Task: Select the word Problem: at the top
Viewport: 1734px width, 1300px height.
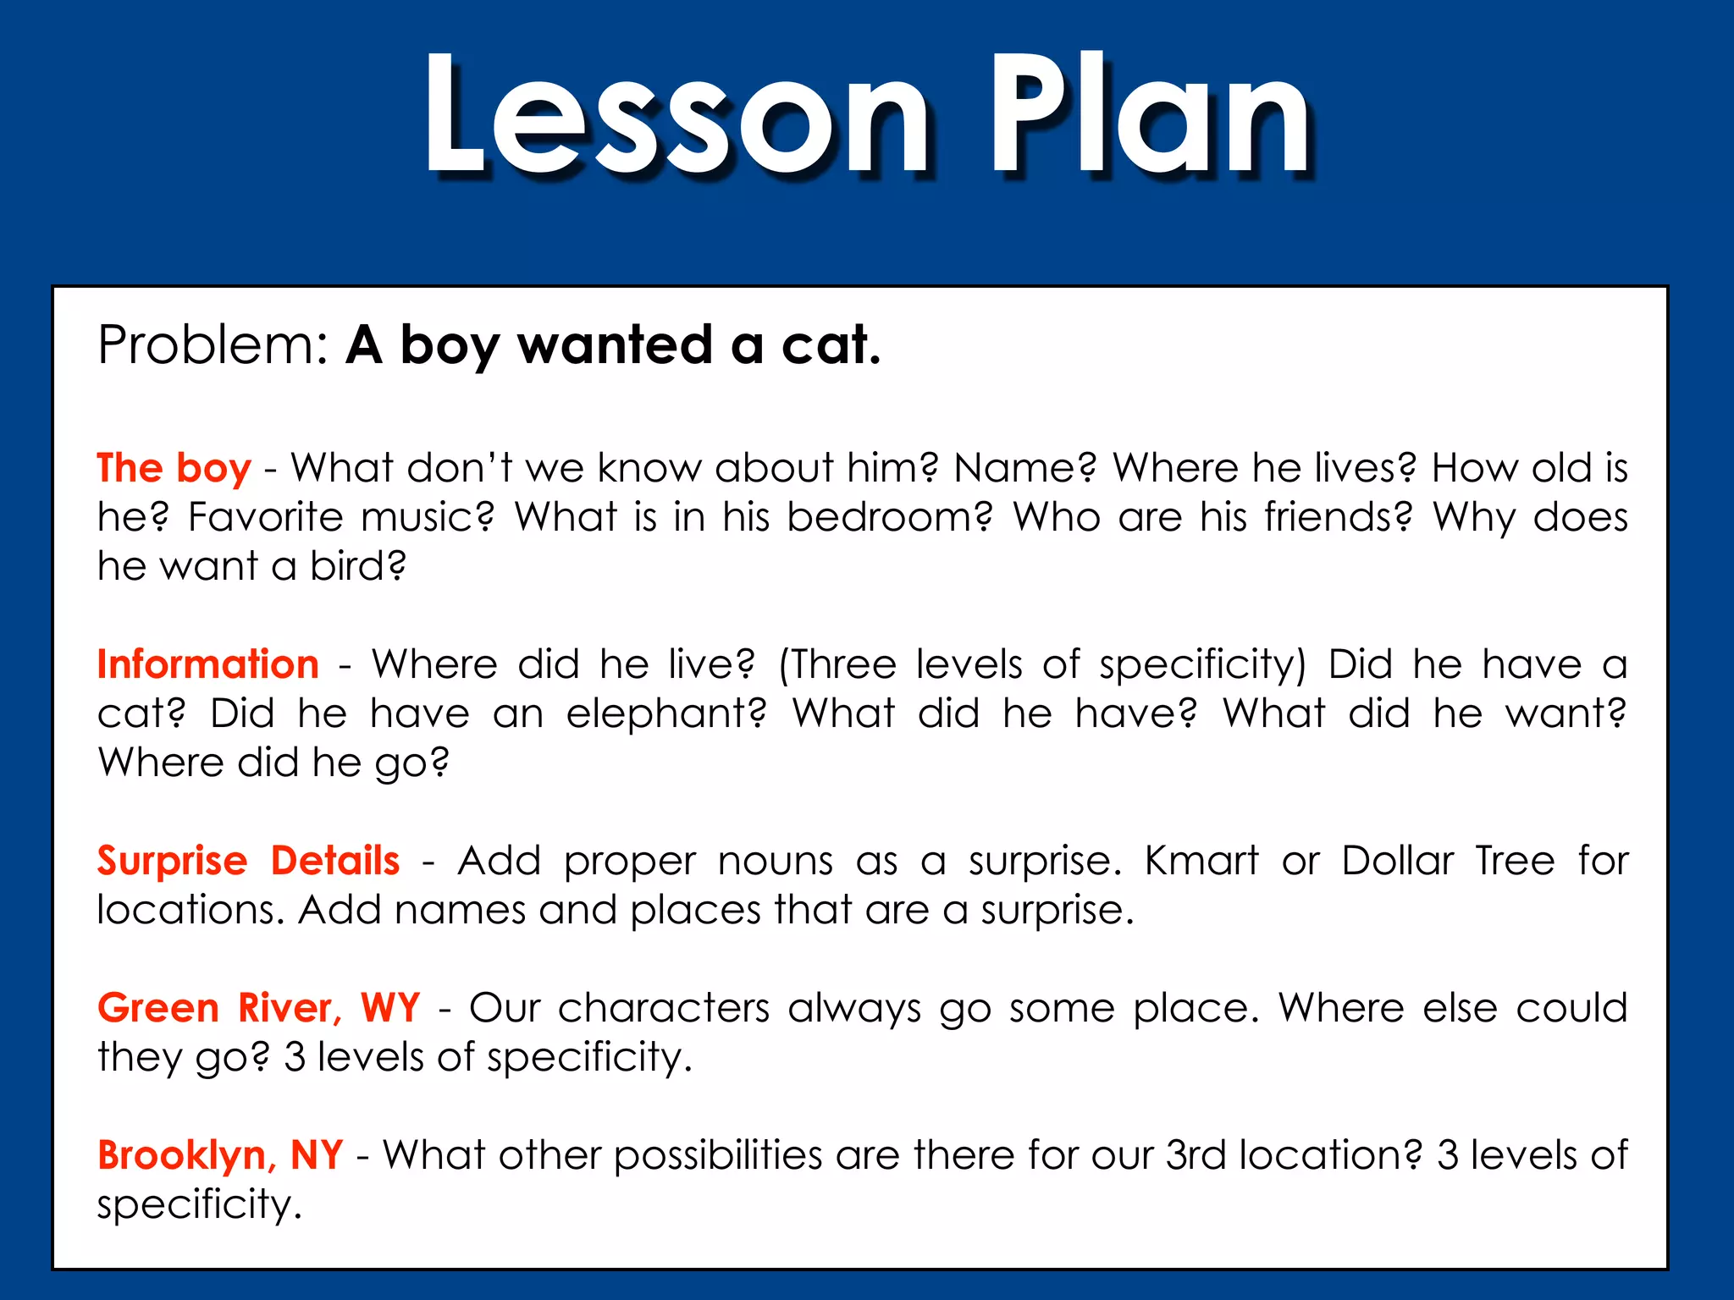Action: (x=213, y=345)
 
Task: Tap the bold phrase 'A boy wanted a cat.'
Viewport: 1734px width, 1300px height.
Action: (x=614, y=345)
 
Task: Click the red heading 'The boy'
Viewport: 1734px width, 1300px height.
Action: (x=174, y=468)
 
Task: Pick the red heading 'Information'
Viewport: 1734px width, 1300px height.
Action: (x=208, y=664)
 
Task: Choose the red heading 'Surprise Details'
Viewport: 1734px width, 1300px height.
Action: (x=248, y=861)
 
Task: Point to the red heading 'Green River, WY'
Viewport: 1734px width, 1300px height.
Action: (x=258, y=1008)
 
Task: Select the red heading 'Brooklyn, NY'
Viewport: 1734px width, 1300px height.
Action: (x=220, y=1155)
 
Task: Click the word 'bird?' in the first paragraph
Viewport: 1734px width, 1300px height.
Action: (x=357, y=566)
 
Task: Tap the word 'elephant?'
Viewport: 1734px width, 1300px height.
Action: (x=666, y=713)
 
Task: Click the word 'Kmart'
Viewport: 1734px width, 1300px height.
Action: (x=1201, y=861)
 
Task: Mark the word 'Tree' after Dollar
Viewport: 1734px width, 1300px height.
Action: (x=1515, y=861)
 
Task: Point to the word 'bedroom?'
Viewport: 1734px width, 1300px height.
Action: (x=889, y=517)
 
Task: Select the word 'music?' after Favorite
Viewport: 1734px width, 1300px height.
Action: (x=428, y=517)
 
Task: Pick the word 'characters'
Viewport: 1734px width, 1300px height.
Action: (x=664, y=1008)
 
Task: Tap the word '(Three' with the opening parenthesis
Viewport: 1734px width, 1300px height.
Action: (x=837, y=664)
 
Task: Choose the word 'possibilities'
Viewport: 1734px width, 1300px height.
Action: (x=718, y=1155)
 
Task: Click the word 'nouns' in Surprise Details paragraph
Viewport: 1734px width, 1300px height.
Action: (x=775, y=861)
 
